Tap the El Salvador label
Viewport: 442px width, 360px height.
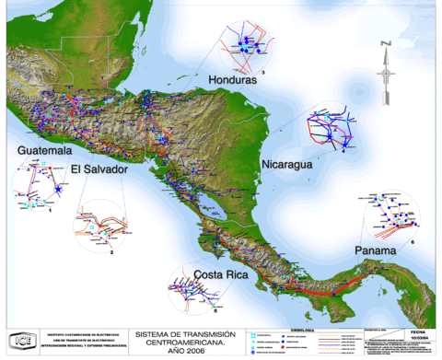(97, 170)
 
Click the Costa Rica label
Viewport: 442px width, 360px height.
(219, 274)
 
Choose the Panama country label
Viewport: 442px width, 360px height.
(378, 250)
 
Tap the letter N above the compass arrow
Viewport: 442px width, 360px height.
(388, 43)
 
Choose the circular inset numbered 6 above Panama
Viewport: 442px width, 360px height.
(393, 218)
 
